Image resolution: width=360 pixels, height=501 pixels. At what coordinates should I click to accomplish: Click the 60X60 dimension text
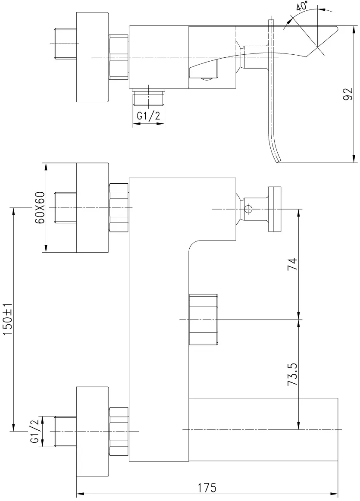point(40,208)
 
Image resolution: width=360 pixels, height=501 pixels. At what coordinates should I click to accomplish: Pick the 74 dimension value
point(292,264)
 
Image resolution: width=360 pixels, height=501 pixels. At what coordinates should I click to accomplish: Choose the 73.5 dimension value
point(292,374)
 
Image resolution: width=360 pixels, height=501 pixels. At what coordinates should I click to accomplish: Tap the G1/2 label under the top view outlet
point(149,116)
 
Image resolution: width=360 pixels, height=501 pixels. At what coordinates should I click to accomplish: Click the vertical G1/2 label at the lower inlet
point(34,431)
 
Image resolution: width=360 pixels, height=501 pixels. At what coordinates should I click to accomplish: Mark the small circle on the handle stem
point(248,209)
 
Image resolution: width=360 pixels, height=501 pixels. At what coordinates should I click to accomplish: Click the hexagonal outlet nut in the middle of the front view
point(203,319)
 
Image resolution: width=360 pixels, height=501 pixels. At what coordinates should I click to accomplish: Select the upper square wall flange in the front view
point(93,208)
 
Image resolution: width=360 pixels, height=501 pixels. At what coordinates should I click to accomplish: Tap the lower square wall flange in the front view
point(93,431)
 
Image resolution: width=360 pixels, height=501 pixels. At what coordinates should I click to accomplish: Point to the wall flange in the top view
point(93,57)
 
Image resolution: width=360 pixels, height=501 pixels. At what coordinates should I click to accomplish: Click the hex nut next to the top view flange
point(119,57)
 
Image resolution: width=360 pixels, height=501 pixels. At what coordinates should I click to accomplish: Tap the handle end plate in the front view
point(275,209)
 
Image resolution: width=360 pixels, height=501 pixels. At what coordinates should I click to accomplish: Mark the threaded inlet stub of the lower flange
point(66,431)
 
